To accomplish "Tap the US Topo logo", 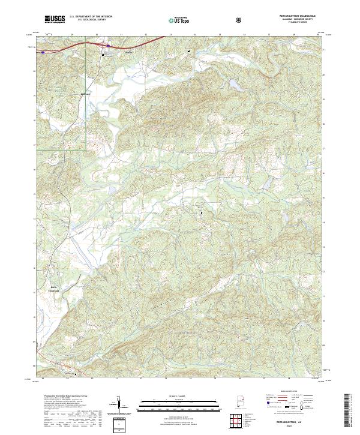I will (180, 20).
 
